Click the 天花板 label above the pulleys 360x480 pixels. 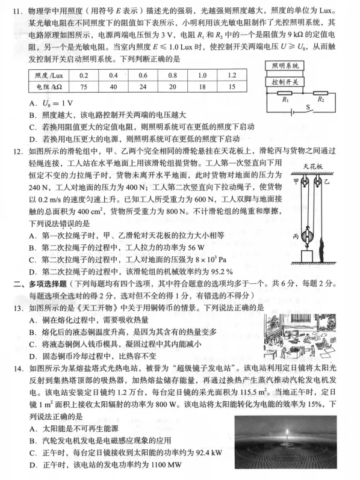point(312,165)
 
